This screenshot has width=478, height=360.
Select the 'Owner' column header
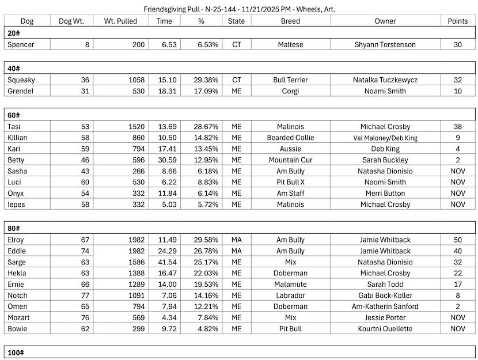pos(385,21)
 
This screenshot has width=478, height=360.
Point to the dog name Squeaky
pos(21,80)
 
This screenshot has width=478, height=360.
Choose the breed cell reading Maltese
pos(290,44)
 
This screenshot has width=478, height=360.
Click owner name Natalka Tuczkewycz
pos(385,80)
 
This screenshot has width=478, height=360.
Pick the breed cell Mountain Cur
pos(290,160)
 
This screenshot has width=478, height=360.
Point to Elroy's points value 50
pos(458,240)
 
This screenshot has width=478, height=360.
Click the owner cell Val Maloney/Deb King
pos(385,138)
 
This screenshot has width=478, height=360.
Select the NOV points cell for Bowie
pos(458,329)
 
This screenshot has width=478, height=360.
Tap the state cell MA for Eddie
pos(236,251)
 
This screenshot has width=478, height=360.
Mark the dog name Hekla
pos(17,273)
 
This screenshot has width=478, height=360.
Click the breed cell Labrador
pos(290,295)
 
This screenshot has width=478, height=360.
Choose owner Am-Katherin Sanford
pos(385,306)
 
